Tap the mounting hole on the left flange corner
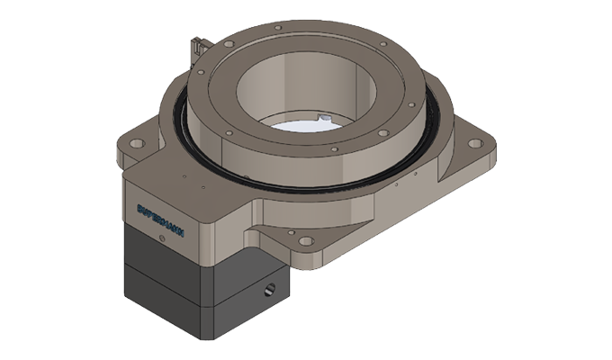(136, 143)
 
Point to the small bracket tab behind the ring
(200, 45)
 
